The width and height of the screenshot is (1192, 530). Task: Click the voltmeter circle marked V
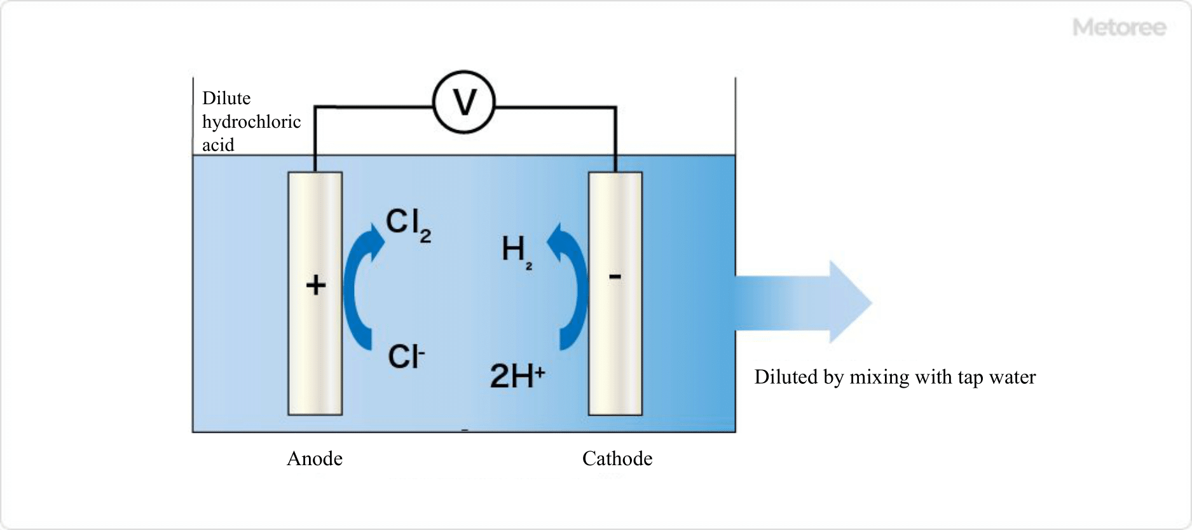click(x=464, y=102)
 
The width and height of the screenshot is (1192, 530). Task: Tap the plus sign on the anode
click(x=316, y=285)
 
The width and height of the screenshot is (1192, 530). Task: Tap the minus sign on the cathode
click(x=615, y=277)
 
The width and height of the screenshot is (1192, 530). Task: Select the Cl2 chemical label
click(x=408, y=224)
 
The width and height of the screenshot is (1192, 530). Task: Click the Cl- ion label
click(x=406, y=357)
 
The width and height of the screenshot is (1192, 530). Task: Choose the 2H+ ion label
click(x=517, y=375)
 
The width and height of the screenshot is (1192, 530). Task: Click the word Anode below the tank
click(x=315, y=459)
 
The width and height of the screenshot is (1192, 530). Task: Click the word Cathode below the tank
click(x=617, y=459)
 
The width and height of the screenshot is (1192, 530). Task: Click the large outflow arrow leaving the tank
click(x=804, y=302)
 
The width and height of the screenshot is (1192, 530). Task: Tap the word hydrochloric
click(x=251, y=121)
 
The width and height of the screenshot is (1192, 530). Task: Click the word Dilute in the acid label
click(x=226, y=99)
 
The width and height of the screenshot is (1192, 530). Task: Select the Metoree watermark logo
click(x=1119, y=27)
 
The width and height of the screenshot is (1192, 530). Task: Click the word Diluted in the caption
click(x=786, y=377)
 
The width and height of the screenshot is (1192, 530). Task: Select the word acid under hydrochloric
click(x=218, y=145)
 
